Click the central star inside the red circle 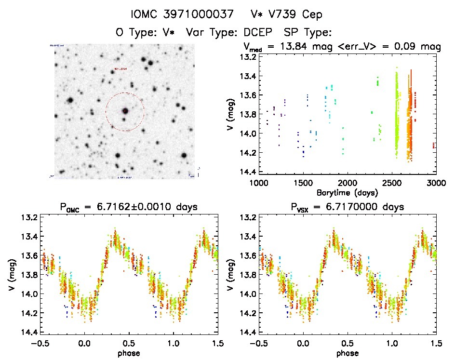[x=125, y=111]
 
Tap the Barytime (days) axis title [x=347, y=192]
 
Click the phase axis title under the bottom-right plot [x=347, y=353]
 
